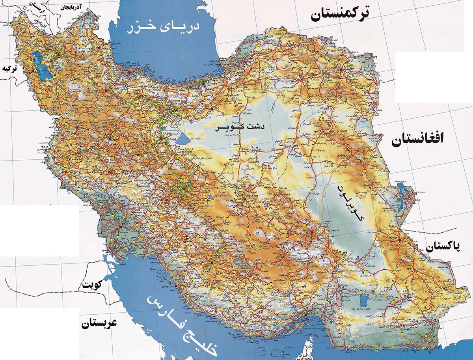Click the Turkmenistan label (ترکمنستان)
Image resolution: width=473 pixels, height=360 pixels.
[x=341, y=15]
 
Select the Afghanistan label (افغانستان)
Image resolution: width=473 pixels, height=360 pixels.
[x=417, y=140]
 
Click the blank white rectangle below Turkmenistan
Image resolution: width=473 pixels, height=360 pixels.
[x=434, y=77]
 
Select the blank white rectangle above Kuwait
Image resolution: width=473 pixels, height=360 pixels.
[x=39, y=231]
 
